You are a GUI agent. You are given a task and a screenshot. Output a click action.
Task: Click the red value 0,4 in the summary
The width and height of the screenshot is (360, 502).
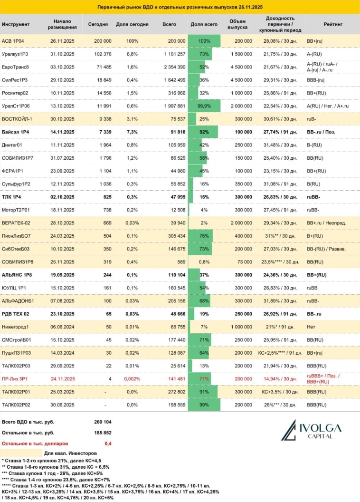[108, 443]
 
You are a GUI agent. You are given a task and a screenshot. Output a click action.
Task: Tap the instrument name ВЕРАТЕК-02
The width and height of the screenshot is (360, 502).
[16, 223]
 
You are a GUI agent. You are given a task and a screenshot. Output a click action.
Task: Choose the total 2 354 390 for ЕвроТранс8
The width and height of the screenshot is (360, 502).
[170, 67]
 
